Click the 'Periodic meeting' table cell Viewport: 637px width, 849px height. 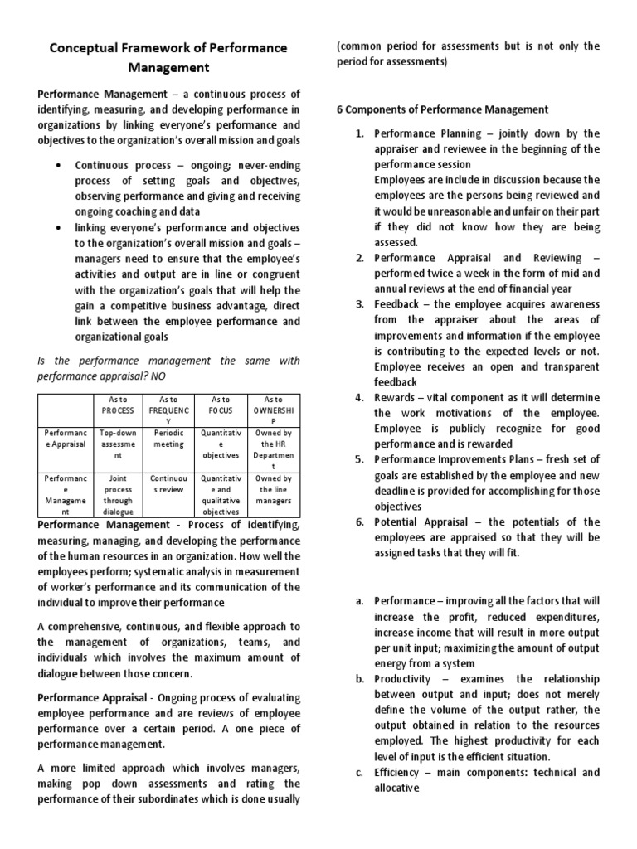pos(168,438)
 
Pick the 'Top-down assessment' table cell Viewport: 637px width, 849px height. pos(117,444)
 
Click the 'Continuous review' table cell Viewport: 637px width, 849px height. pos(168,484)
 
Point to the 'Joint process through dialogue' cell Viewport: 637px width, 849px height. pos(117,495)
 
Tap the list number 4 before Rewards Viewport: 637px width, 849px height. pos(359,397)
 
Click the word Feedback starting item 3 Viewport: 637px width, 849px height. pos(401,304)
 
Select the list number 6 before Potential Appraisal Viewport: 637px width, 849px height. pos(359,522)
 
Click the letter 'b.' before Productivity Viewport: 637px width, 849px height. pos(359,679)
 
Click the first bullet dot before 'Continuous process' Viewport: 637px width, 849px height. pos(56,165)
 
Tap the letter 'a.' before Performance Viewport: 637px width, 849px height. pos(359,600)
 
